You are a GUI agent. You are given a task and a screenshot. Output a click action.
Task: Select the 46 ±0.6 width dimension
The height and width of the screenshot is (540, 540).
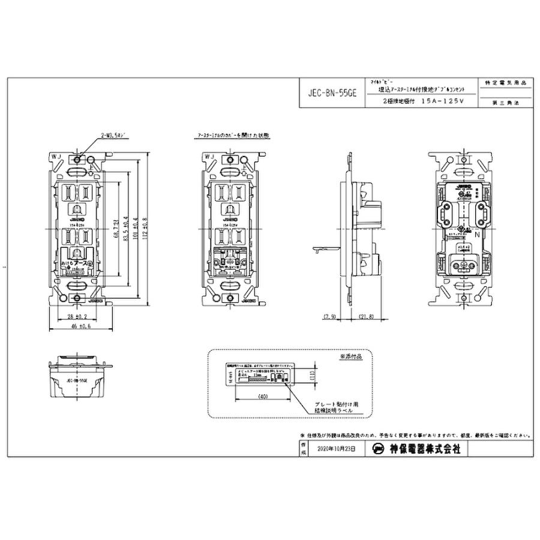[77, 327]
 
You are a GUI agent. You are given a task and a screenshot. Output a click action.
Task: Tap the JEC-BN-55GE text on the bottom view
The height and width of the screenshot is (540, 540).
[77, 380]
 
